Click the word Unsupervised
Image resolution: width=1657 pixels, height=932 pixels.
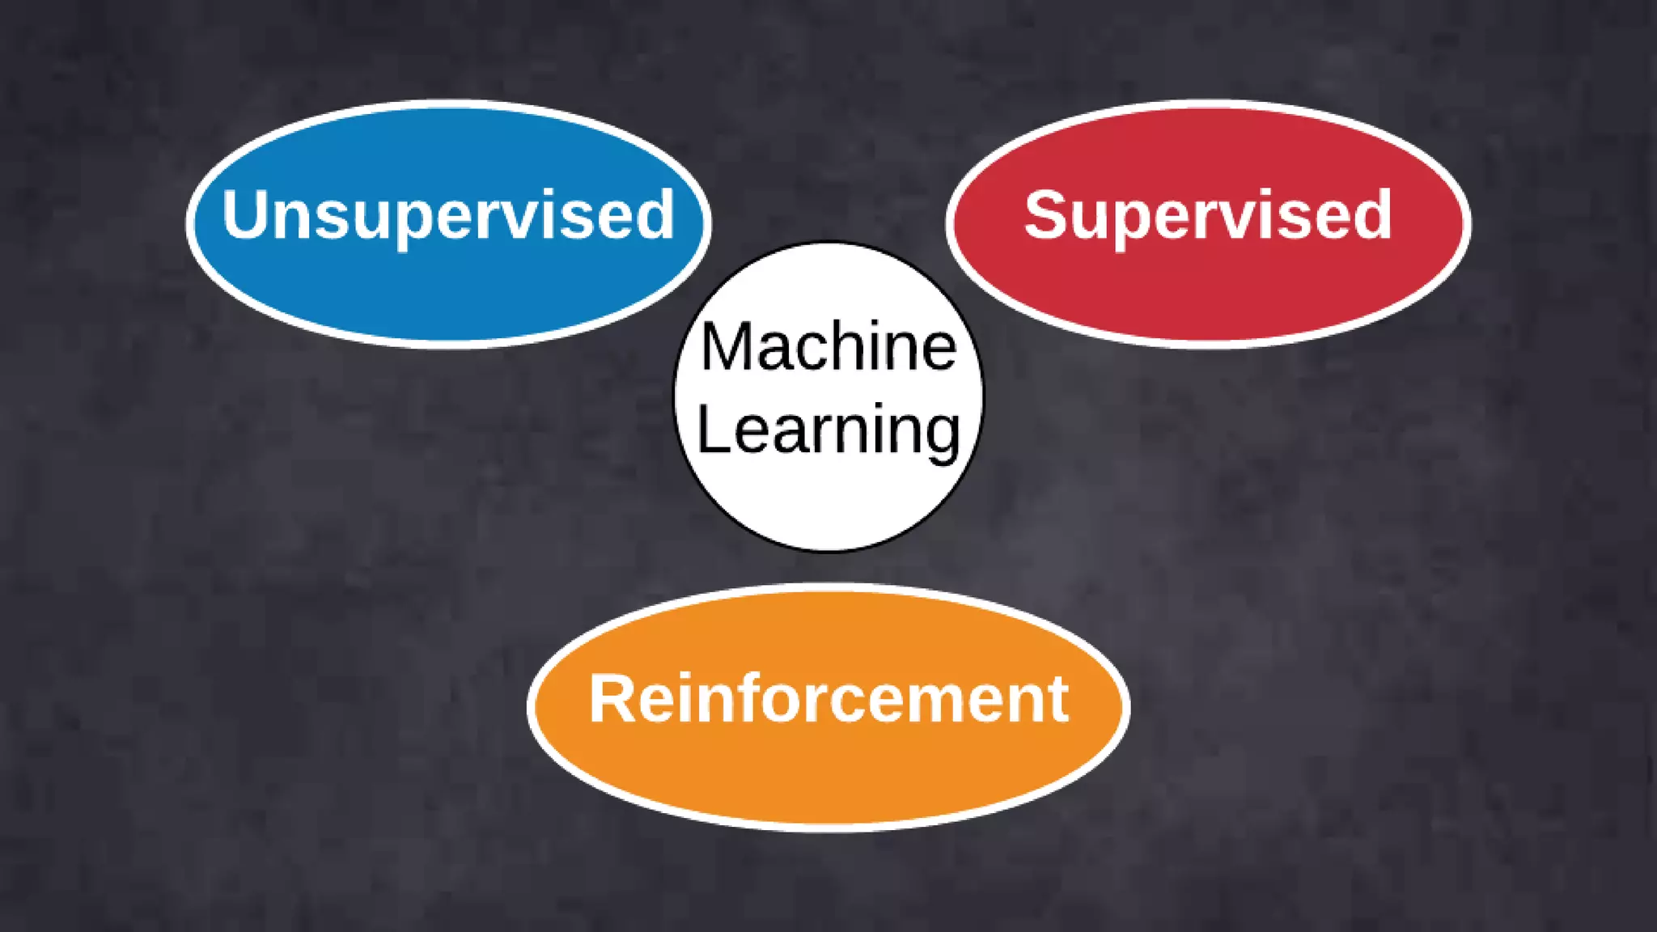coord(448,215)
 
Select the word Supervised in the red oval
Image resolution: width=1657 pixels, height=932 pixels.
coord(1208,215)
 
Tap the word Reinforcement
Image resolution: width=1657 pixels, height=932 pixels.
coord(828,699)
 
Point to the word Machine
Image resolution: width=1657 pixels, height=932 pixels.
coord(828,347)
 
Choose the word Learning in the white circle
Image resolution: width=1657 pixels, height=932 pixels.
coord(828,430)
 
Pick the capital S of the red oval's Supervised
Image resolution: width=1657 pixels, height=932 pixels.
coord(1045,215)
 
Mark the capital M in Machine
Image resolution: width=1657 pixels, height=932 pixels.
coord(725,347)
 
